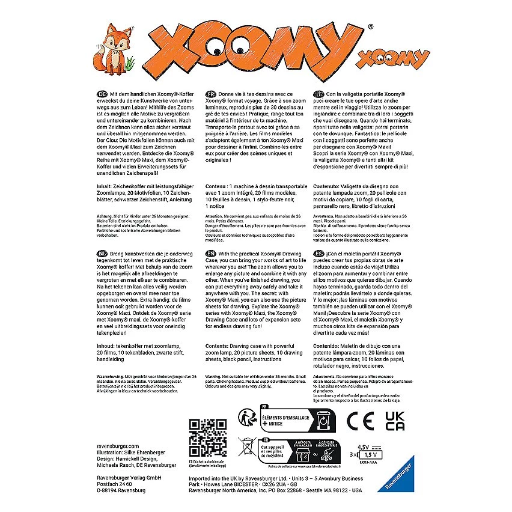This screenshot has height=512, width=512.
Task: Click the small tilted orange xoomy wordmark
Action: point(394,58)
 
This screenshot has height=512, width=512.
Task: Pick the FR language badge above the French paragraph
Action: point(210,94)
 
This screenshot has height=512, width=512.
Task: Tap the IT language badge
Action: point(318,94)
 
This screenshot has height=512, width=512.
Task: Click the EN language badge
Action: point(211,254)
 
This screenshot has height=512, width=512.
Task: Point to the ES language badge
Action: point(318,254)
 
